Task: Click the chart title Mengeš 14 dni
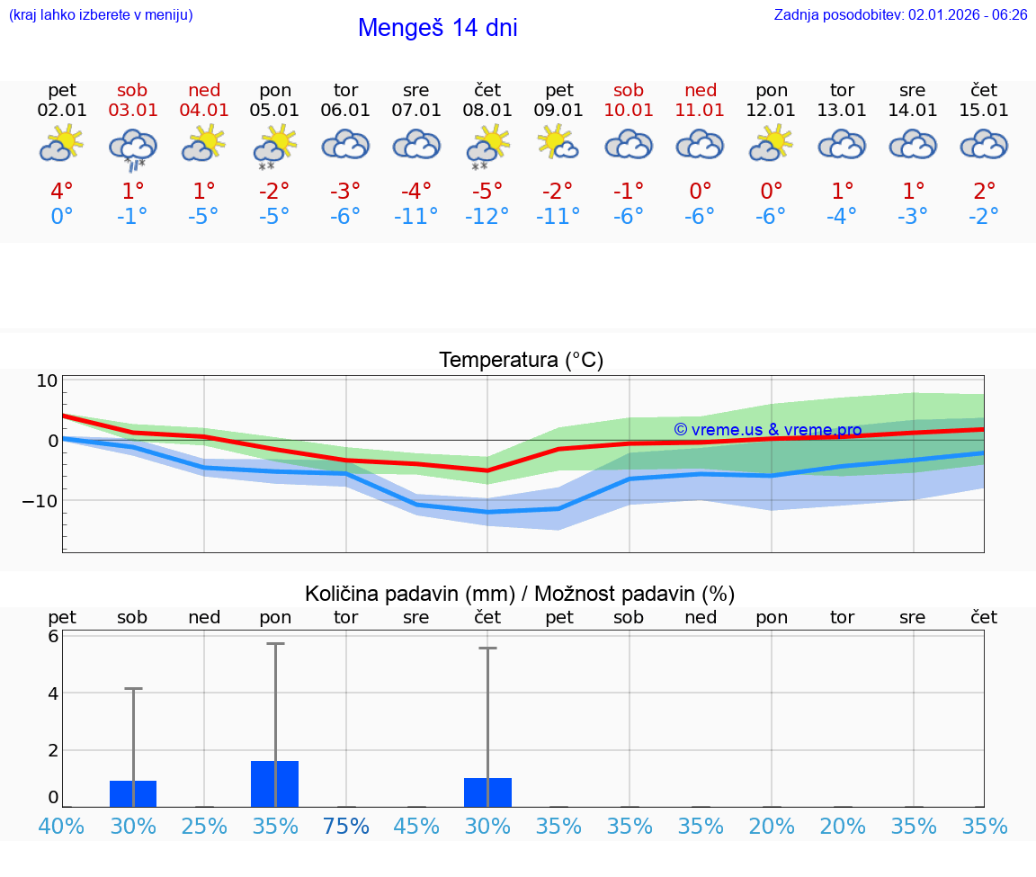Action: (x=437, y=28)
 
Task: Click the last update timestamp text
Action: (x=900, y=15)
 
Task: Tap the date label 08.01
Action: (x=487, y=111)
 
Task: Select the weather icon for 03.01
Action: (x=133, y=148)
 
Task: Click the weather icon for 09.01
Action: (x=558, y=143)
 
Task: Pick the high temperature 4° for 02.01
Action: (x=62, y=192)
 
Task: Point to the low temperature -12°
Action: (x=487, y=217)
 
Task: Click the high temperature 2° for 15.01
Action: (x=985, y=192)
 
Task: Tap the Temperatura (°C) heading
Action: (x=521, y=361)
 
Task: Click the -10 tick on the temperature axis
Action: (x=40, y=500)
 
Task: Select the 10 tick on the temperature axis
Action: (x=47, y=380)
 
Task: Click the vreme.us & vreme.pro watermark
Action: (x=768, y=430)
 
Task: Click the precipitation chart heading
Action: (x=520, y=594)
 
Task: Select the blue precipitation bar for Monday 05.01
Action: (x=275, y=783)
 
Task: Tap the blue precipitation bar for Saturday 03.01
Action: (x=133, y=793)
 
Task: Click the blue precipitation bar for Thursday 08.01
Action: (x=487, y=792)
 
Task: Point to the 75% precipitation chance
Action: (x=346, y=826)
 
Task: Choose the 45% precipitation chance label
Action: (x=416, y=826)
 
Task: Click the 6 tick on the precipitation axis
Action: (x=53, y=636)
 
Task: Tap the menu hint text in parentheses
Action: (x=101, y=15)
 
